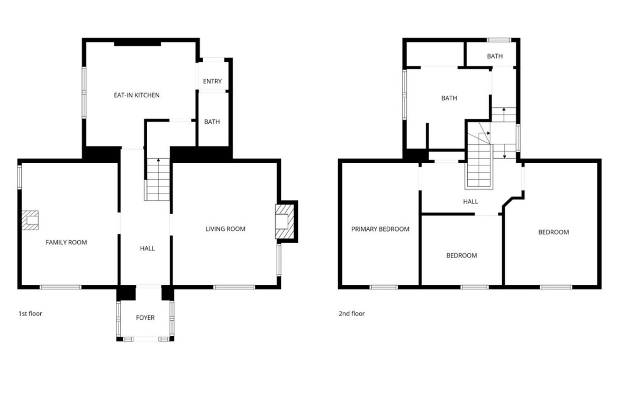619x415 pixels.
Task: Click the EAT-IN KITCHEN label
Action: pyautogui.click(x=136, y=95)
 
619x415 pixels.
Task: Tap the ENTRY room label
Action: pyautogui.click(x=212, y=81)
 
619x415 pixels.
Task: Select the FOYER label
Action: pyautogui.click(x=145, y=318)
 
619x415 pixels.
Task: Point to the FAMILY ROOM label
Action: pyautogui.click(x=66, y=242)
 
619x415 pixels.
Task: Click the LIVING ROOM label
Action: pyautogui.click(x=225, y=229)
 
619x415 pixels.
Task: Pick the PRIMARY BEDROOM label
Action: pyautogui.click(x=380, y=229)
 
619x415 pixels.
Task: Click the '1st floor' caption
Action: pyautogui.click(x=30, y=313)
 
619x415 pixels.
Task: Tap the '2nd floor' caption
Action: pyautogui.click(x=352, y=313)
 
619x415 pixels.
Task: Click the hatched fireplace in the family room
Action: pyautogui.click(x=30, y=220)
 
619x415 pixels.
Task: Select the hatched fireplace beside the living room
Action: pyautogui.click(x=285, y=222)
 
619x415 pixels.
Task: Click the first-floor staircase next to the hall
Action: pyautogui.click(x=158, y=180)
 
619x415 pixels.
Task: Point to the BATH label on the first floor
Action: pyautogui.click(x=212, y=122)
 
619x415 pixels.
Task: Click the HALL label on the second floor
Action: pyautogui.click(x=470, y=201)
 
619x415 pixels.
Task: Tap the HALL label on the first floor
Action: pyautogui.click(x=147, y=248)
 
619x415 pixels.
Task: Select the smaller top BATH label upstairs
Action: pyautogui.click(x=495, y=57)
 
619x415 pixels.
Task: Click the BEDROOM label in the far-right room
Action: pyautogui.click(x=553, y=232)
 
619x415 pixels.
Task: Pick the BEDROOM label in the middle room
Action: pyautogui.click(x=461, y=255)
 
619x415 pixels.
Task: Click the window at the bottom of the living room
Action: pyautogui.click(x=234, y=287)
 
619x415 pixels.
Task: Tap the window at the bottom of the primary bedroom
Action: pyautogui.click(x=384, y=287)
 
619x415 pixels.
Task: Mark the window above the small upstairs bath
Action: pyautogui.click(x=499, y=40)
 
